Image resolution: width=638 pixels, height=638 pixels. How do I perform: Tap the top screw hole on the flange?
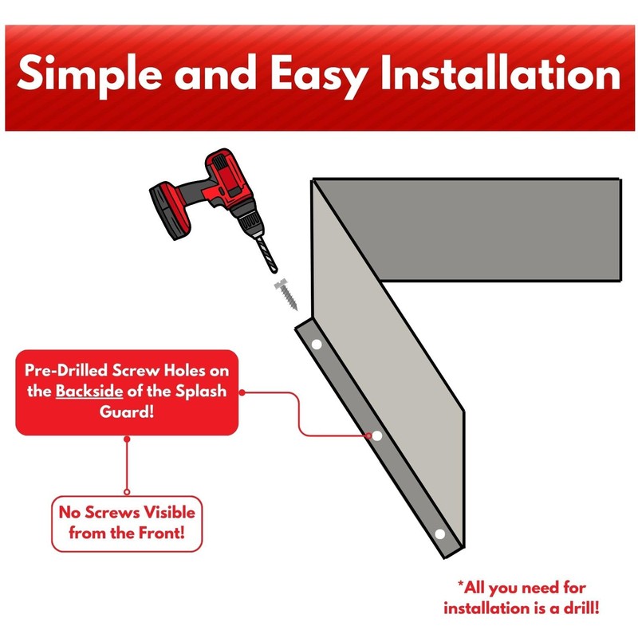click(316, 345)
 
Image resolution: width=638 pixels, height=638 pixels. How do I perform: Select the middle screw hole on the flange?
click(376, 437)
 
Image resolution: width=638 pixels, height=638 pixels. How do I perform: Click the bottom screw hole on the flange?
click(439, 533)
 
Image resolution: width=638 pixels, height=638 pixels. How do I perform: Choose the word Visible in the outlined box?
click(159, 511)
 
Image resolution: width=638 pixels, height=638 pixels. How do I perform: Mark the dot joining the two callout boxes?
click(127, 491)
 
